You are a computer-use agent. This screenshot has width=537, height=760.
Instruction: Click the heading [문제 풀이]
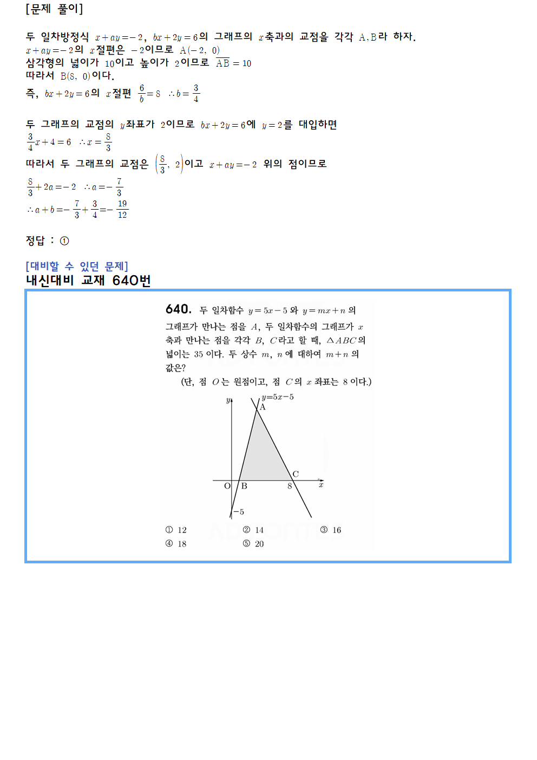[x=54, y=9]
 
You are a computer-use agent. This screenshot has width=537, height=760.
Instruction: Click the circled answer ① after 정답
[x=64, y=241]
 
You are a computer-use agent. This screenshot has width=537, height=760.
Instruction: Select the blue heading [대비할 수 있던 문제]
[x=77, y=267]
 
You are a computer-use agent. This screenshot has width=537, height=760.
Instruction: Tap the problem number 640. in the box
[x=179, y=309]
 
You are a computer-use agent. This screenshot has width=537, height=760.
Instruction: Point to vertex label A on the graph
[x=263, y=407]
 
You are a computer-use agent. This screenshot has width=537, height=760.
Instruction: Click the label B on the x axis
[x=244, y=486]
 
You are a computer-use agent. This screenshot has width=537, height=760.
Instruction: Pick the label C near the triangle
[x=296, y=474]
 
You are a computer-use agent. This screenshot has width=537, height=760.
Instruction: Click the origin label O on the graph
[x=227, y=486]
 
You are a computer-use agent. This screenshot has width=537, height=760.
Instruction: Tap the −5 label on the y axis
[x=238, y=512]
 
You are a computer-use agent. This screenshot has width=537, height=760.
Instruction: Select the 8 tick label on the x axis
[x=290, y=486]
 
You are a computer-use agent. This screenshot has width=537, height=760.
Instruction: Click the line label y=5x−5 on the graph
[x=278, y=397]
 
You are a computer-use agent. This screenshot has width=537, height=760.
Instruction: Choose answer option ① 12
[x=176, y=530]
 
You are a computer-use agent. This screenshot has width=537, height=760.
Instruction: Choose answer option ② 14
[x=253, y=530]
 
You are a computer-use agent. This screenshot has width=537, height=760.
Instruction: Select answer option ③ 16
[x=331, y=530]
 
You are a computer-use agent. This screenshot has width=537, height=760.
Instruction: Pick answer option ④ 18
[x=176, y=544]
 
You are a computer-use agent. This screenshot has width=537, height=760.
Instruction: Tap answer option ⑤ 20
[x=253, y=544]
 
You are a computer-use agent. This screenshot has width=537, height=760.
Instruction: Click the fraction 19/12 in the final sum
[x=122, y=209]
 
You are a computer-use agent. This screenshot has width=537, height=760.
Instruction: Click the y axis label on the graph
[x=228, y=401]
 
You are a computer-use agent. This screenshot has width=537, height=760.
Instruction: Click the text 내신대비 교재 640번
[x=88, y=281]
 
